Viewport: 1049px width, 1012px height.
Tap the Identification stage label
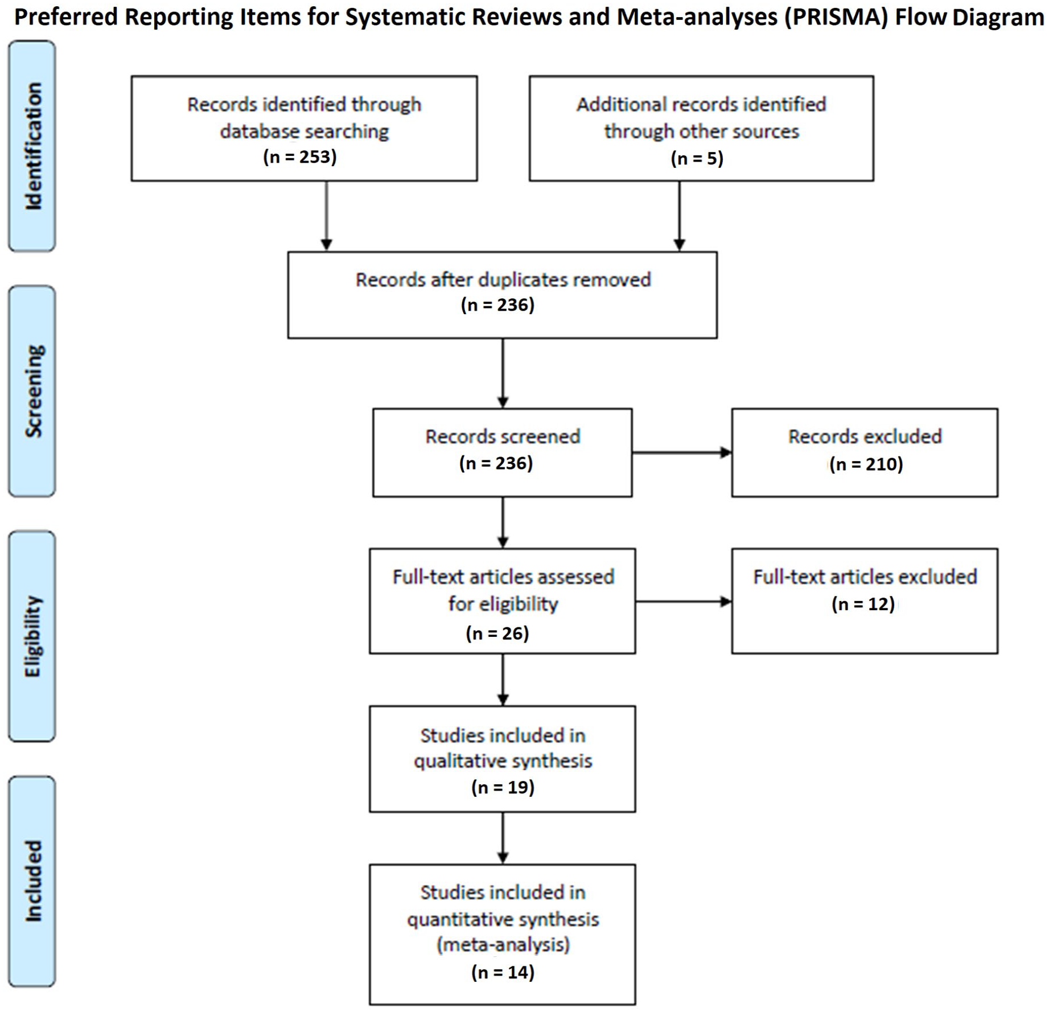[33, 146]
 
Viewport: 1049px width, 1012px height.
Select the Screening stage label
[33, 391]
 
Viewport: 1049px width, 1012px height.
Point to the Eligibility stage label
[33, 636]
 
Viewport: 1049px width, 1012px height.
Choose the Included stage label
[33, 881]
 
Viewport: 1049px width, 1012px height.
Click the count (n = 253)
[300, 157]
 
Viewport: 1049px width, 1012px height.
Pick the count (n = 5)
[697, 158]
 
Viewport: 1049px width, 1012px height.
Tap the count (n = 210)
[866, 464]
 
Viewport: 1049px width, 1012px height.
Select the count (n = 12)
[863, 603]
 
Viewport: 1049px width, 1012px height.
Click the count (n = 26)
[497, 633]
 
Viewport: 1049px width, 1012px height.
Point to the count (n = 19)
[503, 787]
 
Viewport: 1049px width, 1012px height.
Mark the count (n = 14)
[503, 972]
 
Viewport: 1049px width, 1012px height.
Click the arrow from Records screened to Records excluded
[682, 453]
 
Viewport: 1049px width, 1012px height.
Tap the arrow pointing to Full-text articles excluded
[684, 602]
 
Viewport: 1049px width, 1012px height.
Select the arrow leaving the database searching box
[326, 216]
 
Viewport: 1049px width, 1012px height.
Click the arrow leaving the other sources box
[679, 216]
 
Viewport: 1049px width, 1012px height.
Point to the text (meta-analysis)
[503, 945]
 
